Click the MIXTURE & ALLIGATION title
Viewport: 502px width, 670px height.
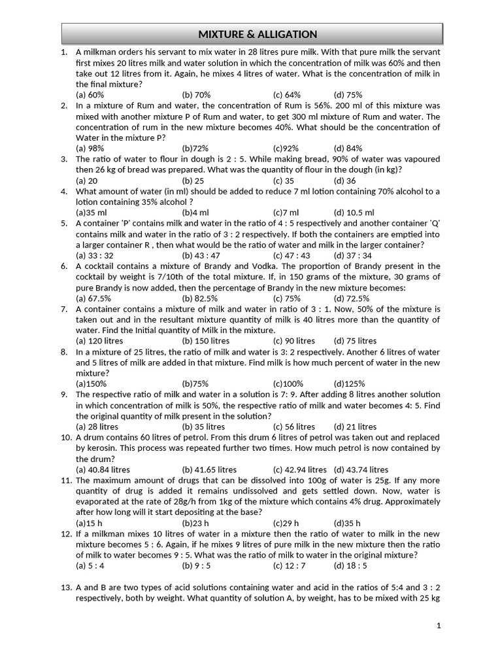click(x=258, y=34)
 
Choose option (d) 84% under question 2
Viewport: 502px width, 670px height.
click(x=348, y=149)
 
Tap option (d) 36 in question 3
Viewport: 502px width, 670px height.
click(x=344, y=181)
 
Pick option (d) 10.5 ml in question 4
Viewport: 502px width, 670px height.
click(x=354, y=213)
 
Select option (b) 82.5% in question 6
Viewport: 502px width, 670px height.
click(x=200, y=298)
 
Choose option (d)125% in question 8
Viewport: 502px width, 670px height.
click(x=349, y=384)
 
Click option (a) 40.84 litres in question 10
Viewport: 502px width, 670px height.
click(x=103, y=470)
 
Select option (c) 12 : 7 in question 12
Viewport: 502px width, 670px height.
click(x=290, y=566)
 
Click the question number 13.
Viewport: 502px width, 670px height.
click(x=66, y=588)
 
